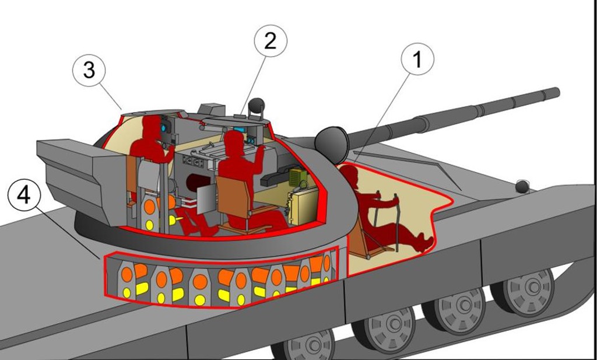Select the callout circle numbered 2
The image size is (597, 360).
coord(271,41)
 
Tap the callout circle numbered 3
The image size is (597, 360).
coord(89,71)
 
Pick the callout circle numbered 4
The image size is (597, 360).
coord(24,195)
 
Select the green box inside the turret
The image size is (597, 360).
coord(298,176)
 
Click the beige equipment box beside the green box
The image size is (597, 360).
coord(303,205)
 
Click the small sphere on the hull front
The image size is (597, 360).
coord(522,187)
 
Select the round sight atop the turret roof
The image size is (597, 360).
coord(256,106)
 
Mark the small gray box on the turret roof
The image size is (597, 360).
coord(211,109)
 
